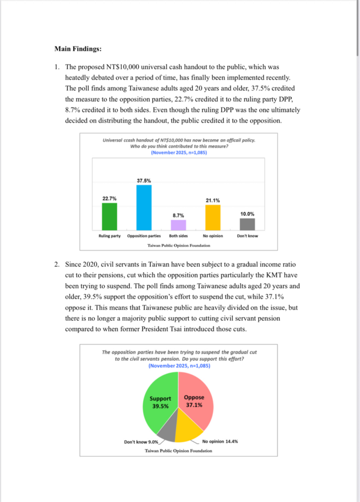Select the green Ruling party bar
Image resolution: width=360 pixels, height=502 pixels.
[109, 216]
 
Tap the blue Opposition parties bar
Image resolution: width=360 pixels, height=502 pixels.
[144, 207]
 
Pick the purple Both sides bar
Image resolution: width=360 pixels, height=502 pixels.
[179, 225]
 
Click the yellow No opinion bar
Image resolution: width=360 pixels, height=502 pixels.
[213, 218]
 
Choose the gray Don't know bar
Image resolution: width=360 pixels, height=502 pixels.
[247, 224]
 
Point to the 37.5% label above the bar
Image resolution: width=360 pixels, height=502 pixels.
[144, 180]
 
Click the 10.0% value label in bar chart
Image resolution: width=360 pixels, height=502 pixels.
[247, 214]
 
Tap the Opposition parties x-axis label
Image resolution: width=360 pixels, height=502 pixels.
[144, 236]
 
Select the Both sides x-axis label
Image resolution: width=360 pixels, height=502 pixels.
[179, 236]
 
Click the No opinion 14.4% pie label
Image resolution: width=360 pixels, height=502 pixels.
[220, 441]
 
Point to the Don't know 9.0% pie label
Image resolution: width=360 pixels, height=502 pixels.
[141, 442]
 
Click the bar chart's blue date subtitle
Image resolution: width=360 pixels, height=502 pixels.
[179, 152]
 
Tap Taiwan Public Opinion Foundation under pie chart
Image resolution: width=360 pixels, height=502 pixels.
[179, 451]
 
